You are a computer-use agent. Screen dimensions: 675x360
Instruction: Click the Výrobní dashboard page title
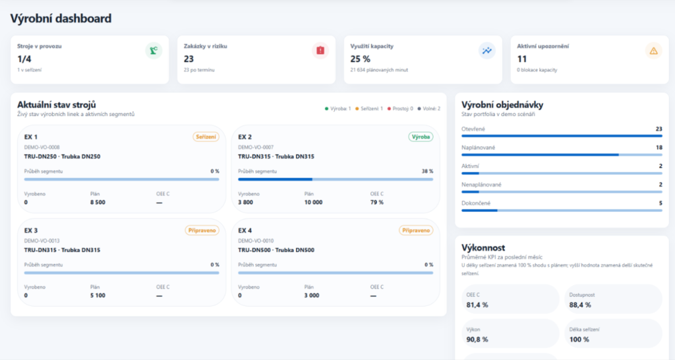tap(61, 18)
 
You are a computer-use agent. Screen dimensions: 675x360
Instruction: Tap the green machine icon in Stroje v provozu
tap(154, 51)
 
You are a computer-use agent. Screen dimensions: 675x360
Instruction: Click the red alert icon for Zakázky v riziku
tap(320, 51)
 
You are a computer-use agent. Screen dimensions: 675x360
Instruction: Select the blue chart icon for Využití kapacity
tap(487, 51)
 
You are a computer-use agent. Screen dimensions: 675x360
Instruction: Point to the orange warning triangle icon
tap(653, 51)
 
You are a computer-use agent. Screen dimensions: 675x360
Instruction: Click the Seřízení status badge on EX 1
tap(206, 137)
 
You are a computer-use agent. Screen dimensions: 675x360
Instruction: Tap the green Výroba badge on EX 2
tap(421, 137)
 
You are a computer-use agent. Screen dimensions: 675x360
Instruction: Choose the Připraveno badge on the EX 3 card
tap(202, 230)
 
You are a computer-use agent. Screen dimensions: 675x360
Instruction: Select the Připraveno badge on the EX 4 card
tap(416, 230)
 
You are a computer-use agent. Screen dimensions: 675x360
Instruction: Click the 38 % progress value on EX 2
tap(427, 171)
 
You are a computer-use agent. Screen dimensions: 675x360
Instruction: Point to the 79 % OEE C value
tap(376, 202)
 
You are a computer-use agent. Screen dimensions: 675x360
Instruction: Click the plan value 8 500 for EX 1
tap(98, 202)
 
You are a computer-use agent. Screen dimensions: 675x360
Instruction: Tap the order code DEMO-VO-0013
tap(42, 241)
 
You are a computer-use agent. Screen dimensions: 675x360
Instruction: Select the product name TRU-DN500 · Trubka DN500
tap(276, 250)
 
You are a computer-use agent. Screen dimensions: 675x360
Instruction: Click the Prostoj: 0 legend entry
tap(400, 109)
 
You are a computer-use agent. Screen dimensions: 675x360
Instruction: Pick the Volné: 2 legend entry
tap(428, 109)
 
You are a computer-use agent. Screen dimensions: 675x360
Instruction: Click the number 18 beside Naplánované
tap(659, 148)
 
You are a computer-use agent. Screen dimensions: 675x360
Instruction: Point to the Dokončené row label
tap(476, 203)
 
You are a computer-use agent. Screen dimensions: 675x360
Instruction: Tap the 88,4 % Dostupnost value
tap(580, 305)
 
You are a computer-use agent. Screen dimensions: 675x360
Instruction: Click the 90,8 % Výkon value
tap(477, 340)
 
